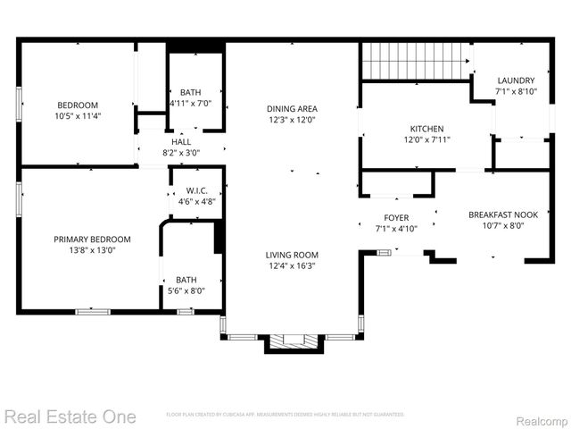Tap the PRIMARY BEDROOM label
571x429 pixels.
pos(92,239)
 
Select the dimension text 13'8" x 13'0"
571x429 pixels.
pos(92,250)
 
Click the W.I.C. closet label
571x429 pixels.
pos(196,190)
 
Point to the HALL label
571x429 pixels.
pos(181,141)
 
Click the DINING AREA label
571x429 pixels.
pos(292,108)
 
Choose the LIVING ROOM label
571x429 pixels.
pos(292,254)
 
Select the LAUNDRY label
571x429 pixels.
pos(515,80)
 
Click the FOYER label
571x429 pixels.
pos(396,217)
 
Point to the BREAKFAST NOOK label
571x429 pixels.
pos(502,214)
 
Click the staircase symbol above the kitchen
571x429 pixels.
pos(415,62)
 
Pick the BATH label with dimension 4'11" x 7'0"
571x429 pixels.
pos(190,92)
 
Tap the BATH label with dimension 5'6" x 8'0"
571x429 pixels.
pos(186,279)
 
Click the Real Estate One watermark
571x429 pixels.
pos(70,416)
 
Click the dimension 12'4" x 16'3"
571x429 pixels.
pos(292,265)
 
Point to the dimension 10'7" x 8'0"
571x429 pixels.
pos(502,226)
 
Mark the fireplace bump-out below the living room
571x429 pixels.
pos(292,342)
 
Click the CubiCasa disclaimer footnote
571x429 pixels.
pos(285,415)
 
